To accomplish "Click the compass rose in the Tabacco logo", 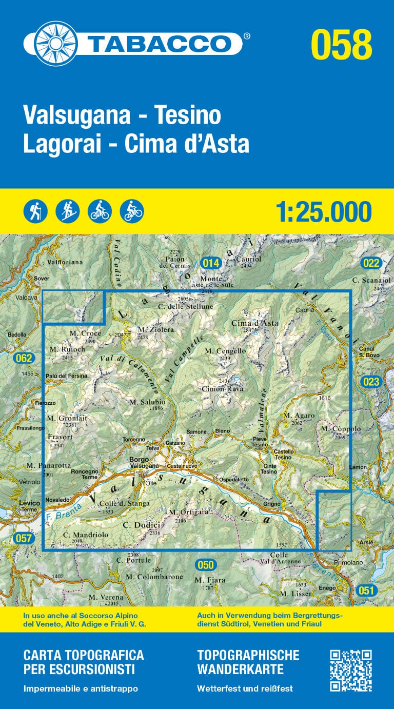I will (x=50, y=43).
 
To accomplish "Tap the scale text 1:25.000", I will (x=323, y=212).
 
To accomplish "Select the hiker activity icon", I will (x=35, y=211).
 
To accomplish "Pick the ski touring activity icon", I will (x=67, y=211).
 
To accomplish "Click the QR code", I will (x=350, y=670).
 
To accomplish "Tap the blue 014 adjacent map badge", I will (x=211, y=263).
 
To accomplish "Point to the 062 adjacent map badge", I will (x=24, y=358).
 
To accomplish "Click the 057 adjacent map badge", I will (x=24, y=538).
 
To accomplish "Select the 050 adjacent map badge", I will (x=205, y=565).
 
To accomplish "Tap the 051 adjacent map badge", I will (x=366, y=590).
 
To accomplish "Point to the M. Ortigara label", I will (x=188, y=512).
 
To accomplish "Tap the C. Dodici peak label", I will (x=142, y=525).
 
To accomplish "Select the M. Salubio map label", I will (x=147, y=402).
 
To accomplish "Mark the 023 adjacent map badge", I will (x=370, y=381).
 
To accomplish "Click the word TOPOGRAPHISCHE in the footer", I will (x=248, y=655).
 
